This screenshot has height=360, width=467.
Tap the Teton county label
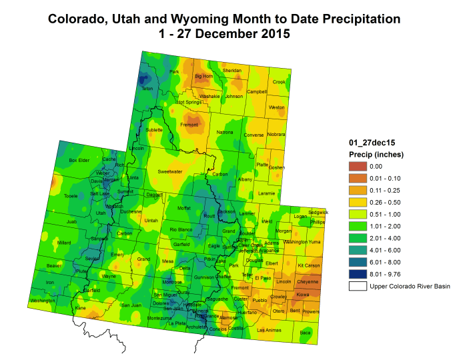tap(147, 89)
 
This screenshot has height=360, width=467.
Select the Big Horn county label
tap(203, 77)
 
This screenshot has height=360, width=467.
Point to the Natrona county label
tap(225, 133)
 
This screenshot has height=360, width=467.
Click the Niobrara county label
tap(276, 135)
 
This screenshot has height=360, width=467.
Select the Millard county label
tap(64, 243)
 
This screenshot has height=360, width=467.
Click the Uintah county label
tap(151, 220)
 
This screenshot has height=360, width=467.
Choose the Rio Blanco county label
tap(181, 230)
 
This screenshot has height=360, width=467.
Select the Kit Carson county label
tap(308, 266)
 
